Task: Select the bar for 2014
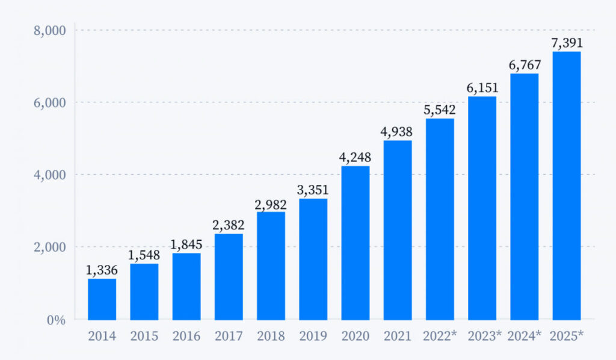coord(102,299)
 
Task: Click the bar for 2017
coord(229,276)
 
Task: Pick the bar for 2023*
coord(482,208)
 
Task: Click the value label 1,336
coord(102,270)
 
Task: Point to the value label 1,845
coord(186,245)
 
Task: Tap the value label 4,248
coord(355,158)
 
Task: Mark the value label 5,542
coord(440,110)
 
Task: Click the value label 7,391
coord(567,43)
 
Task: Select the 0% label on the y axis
coord(57,320)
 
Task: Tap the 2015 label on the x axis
coord(144,336)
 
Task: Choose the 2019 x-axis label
coord(313,336)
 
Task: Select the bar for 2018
coord(271,265)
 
